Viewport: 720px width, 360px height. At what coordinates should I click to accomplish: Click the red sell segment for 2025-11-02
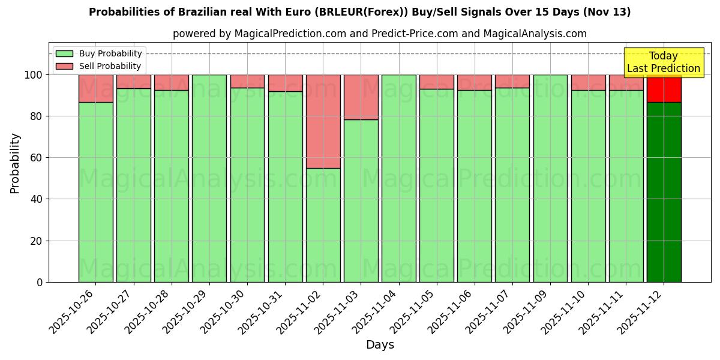click(323, 121)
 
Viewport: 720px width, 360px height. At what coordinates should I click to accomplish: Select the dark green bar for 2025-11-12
click(664, 192)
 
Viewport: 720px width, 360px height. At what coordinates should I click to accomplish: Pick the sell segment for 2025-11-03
click(361, 97)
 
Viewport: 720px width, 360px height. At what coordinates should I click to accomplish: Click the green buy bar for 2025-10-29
click(209, 178)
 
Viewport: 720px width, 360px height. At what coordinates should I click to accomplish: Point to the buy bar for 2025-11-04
click(399, 178)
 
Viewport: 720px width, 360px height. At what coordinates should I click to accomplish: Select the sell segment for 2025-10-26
click(95, 88)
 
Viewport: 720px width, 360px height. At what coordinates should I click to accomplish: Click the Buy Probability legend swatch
click(64, 53)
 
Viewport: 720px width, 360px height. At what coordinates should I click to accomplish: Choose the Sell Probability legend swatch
click(64, 66)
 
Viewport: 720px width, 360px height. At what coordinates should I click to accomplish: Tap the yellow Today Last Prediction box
click(663, 62)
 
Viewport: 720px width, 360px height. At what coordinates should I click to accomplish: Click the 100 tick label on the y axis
click(33, 75)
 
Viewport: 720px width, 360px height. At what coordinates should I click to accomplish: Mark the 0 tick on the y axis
click(40, 282)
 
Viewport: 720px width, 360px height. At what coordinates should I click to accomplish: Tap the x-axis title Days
click(380, 345)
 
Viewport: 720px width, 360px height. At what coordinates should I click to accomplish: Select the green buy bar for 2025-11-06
click(475, 186)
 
